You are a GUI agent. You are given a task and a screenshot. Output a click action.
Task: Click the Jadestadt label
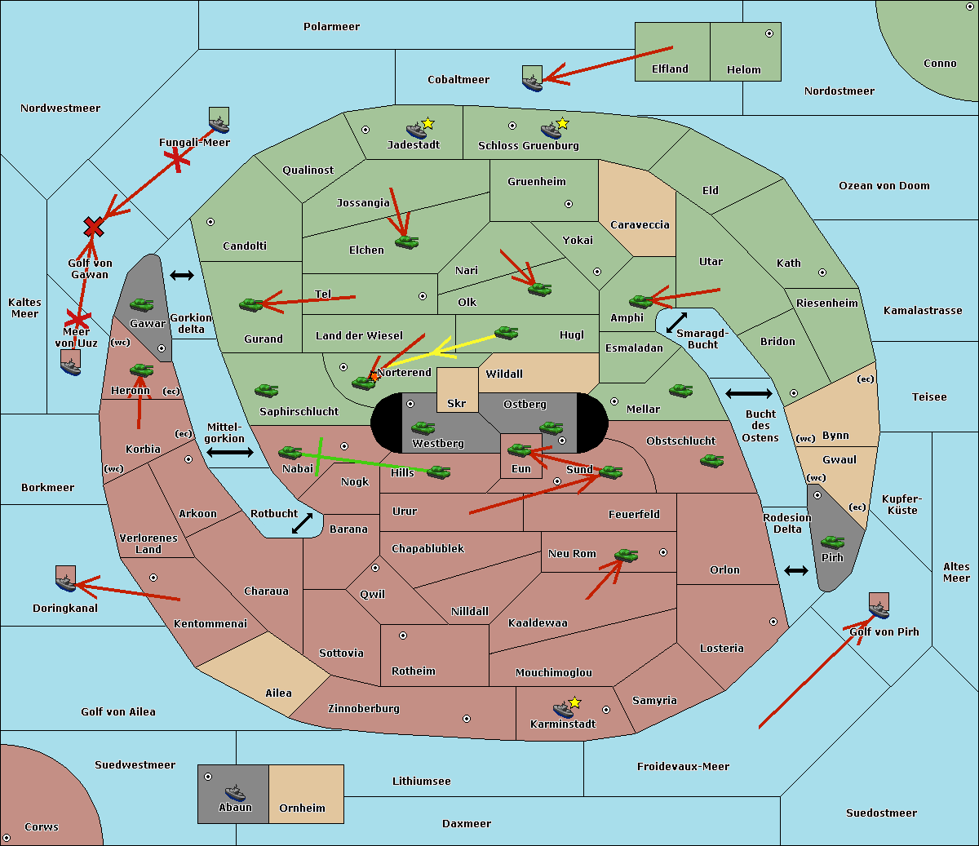click(414, 145)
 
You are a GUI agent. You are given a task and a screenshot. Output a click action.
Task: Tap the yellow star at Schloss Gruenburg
click(562, 124)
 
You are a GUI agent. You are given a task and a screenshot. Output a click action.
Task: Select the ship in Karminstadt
click(563, 709)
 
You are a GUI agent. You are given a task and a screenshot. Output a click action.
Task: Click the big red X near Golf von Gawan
click(94, 227)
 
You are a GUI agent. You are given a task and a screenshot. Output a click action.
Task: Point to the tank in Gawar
click(142, 305)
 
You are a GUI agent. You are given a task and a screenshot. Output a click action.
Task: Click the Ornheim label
click(302, 808)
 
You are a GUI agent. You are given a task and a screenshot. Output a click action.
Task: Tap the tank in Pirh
click(832, 543)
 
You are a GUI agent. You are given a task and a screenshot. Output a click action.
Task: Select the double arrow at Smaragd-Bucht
click(676, 322)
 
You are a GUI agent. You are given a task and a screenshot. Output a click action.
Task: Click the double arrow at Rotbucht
click(302, 523)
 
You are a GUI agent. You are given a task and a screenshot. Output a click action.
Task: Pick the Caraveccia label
click(640, 225)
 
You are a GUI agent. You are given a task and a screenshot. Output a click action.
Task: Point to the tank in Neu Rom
click(626, 556)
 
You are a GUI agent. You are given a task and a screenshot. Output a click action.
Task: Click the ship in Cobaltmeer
click(532, 82)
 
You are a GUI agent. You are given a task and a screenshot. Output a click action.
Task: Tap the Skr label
click(456, 404)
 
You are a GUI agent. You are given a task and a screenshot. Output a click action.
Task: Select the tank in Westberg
click(423, 427)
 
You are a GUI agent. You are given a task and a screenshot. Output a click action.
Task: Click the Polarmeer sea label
click(331, 27)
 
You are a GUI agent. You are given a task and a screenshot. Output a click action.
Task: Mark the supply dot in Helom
click(769, 33)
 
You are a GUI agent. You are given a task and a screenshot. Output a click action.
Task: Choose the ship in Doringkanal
click(65, 582)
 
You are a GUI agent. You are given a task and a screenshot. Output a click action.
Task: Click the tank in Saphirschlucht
click(266, 391)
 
